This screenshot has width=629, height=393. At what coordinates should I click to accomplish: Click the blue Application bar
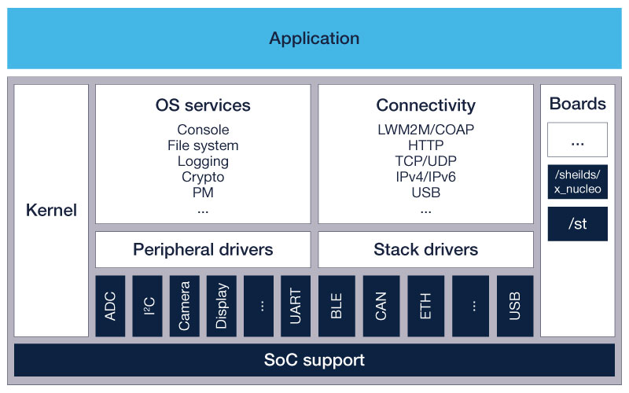tap(314, 38)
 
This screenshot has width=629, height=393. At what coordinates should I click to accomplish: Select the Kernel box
tap(51, 211)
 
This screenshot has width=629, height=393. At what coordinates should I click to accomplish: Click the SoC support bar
tap(314, 360)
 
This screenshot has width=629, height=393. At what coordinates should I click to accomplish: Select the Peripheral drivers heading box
tap(203, 250)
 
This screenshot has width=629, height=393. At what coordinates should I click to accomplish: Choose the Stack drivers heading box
tap(425, 250)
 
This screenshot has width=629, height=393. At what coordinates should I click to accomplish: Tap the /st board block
tap(577, 224)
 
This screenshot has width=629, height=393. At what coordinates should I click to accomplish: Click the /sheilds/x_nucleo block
tap(577, 182)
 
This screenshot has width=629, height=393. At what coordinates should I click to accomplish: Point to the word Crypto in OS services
tap(203, 177)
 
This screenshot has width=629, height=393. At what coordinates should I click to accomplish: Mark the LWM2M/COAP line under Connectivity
tap(425, 130)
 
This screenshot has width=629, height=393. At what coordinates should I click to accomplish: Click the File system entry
tap(203, 145)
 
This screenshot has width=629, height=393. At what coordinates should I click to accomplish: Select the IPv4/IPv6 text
tap(425, 177)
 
